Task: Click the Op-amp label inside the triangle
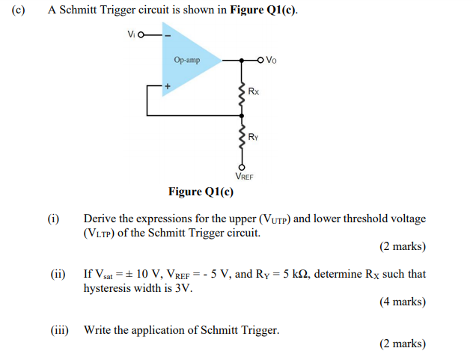(186, 60)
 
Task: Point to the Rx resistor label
(254, 91)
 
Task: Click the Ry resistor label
(254, 137)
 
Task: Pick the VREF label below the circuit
(244, 177)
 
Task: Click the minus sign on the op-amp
(168, 35)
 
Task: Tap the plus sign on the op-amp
(168, 86)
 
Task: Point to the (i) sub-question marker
(52, 219)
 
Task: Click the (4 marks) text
(403, 302)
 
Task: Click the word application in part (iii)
(168, 329)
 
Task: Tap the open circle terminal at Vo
(260, 60)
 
